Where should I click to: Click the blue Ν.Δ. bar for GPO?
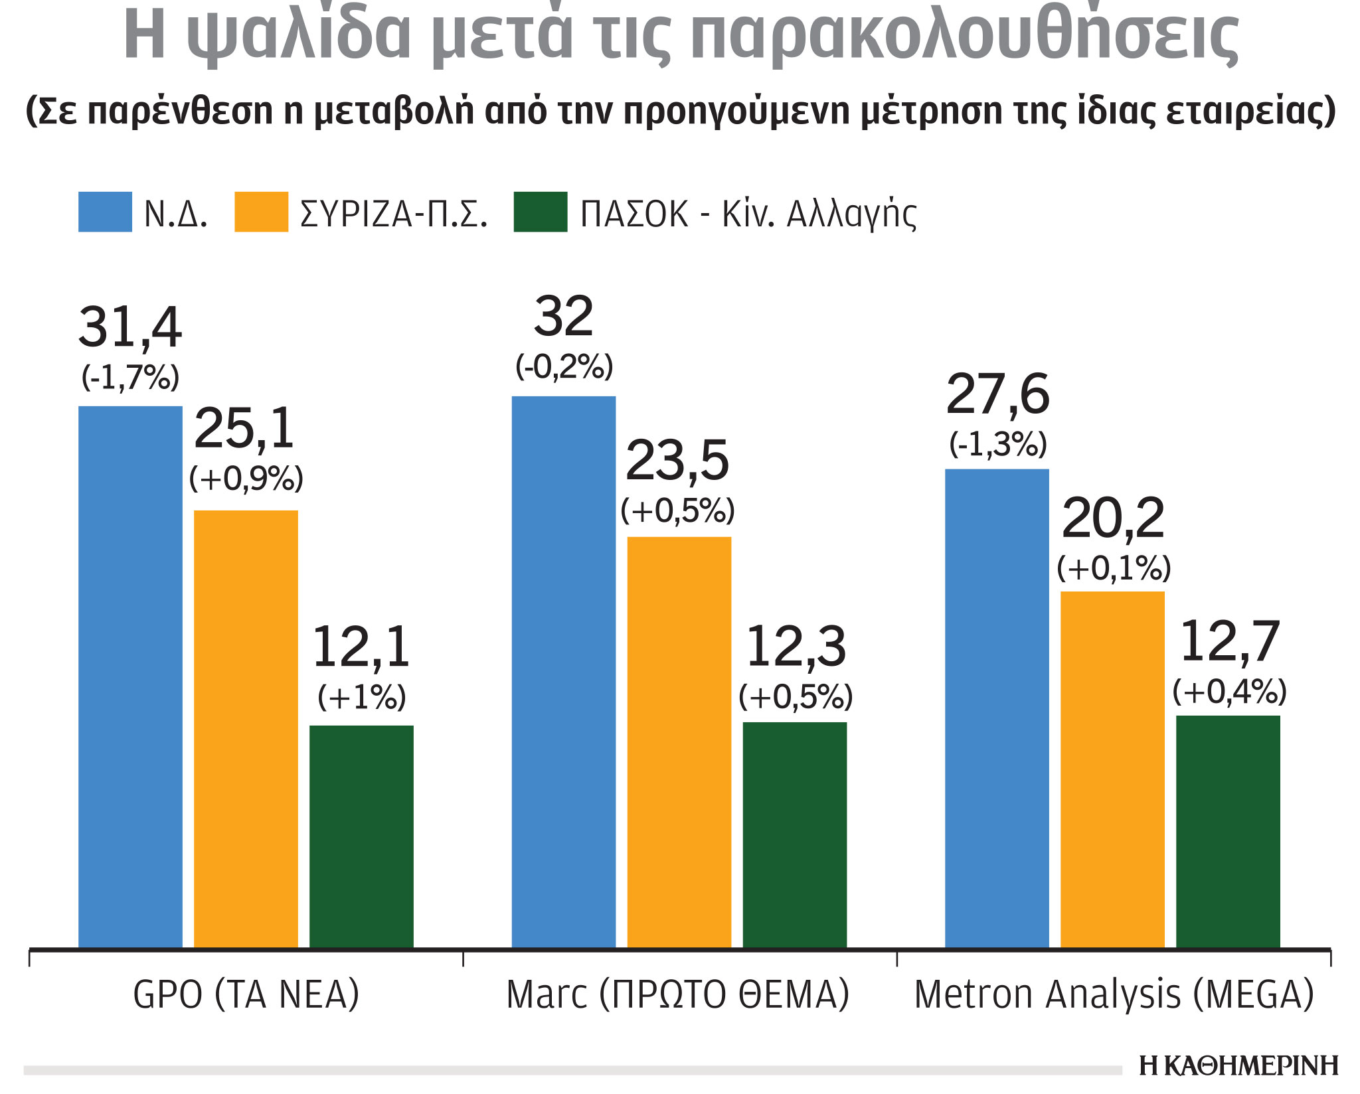(130, 677)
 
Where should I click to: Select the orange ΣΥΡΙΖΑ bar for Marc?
(679, 742)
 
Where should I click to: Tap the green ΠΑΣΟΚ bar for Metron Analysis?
(1228, 832)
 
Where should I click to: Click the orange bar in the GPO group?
(246, 729)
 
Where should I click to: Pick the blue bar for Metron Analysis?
(997, 708)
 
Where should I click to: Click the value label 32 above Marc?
(563, 317)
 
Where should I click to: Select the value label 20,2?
(1113, 518)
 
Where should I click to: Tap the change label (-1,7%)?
(130, 378)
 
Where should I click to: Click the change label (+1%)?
(361, 697)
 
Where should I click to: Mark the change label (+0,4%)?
(1229, 692)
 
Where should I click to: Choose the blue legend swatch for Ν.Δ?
(105, 212)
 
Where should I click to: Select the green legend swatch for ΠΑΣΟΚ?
(541, 212)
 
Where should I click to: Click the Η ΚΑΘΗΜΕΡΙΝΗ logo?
(1238, 1065)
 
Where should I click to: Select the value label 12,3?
(796, 647)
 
